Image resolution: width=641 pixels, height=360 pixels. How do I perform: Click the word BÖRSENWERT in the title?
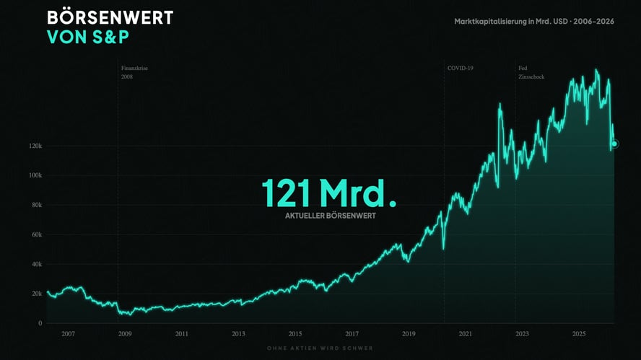110,17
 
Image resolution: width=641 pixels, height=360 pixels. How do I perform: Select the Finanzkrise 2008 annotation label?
134,72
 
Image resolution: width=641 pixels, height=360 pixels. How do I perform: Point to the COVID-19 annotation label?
460,68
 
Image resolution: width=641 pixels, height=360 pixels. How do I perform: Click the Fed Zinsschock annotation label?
531,72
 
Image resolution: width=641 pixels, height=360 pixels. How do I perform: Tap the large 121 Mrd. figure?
328,193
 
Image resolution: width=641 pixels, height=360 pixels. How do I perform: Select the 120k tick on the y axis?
35,146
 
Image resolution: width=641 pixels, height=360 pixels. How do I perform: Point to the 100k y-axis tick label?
35,175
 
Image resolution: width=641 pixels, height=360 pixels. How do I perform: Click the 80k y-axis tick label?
36,205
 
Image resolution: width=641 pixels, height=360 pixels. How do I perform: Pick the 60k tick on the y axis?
36,234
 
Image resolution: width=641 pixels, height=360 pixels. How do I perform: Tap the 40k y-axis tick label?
36,264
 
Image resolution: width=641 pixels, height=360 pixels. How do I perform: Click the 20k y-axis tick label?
36,294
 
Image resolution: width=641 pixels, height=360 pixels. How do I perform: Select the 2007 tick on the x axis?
69,334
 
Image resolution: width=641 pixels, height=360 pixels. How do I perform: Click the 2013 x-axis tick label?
238,334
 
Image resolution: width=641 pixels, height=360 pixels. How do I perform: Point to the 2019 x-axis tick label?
409,334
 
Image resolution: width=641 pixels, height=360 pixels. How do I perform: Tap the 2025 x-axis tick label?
579,334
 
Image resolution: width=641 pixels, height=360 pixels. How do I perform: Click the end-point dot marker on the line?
615,144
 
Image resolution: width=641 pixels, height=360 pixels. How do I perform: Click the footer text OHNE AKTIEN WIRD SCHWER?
320,348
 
